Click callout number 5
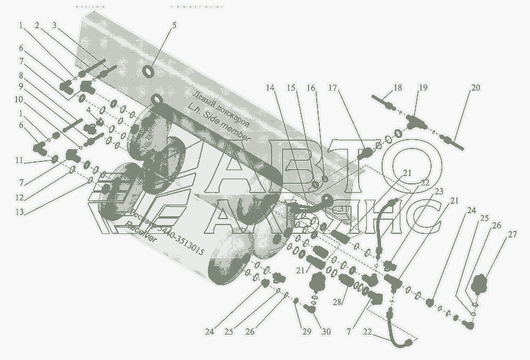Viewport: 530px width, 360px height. point(174,25)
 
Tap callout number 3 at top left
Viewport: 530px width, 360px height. point(54,25)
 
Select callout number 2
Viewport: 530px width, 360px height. point(37,25)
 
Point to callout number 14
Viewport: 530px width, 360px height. point(270,88)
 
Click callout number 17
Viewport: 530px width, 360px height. point(333,88)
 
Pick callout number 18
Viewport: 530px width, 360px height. point(397,88)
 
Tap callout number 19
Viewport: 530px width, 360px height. point(423,88)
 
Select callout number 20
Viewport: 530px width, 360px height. point(476,88)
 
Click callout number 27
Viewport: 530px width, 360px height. point(513,235)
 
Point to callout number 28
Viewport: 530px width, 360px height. point(337,302)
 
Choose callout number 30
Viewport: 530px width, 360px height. point(326,332)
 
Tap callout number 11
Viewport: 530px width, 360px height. point(20,160)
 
